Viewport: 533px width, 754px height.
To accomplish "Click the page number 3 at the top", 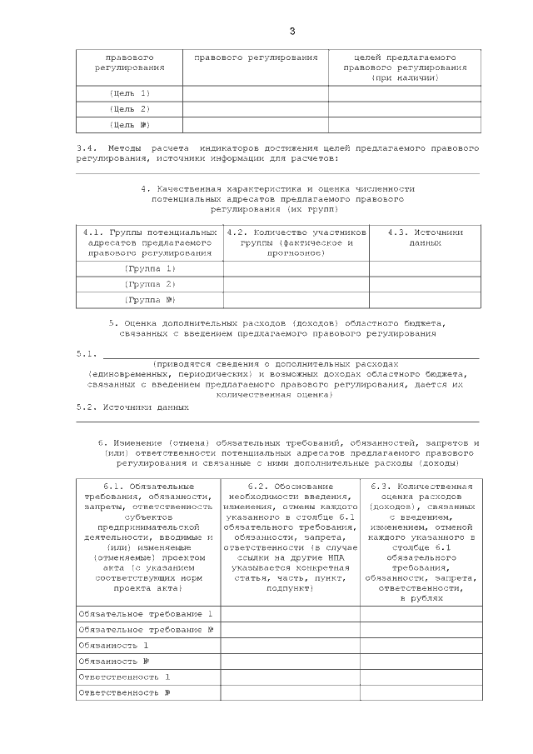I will (x=291, y=32).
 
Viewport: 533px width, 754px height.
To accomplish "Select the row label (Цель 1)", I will (x=129, y=93).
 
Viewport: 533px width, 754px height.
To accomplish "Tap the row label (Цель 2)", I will (x=129, y=109).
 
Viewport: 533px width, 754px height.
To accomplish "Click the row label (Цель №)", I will (x=129, y=125).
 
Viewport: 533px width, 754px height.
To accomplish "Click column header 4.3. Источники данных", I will (x=425, y=237).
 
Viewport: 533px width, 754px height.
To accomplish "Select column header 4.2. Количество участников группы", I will (x=296, y=242).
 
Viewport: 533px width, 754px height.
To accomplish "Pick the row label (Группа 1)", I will (x=150, y=268).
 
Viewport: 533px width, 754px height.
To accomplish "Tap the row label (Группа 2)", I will (x=150, y=284).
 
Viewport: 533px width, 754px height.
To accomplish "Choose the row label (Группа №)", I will (x=150, y=300).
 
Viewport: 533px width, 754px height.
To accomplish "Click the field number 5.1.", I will (x=87, y=354).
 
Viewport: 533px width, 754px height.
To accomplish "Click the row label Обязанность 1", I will (x=113, y=645).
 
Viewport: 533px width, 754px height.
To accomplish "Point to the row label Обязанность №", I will (x=113, y=661).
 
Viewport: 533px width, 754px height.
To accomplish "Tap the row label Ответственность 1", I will (x=124, y=677).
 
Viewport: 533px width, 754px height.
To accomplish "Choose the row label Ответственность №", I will (x=124, y=692).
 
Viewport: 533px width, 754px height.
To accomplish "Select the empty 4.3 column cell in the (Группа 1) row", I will (x=425, y=268).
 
